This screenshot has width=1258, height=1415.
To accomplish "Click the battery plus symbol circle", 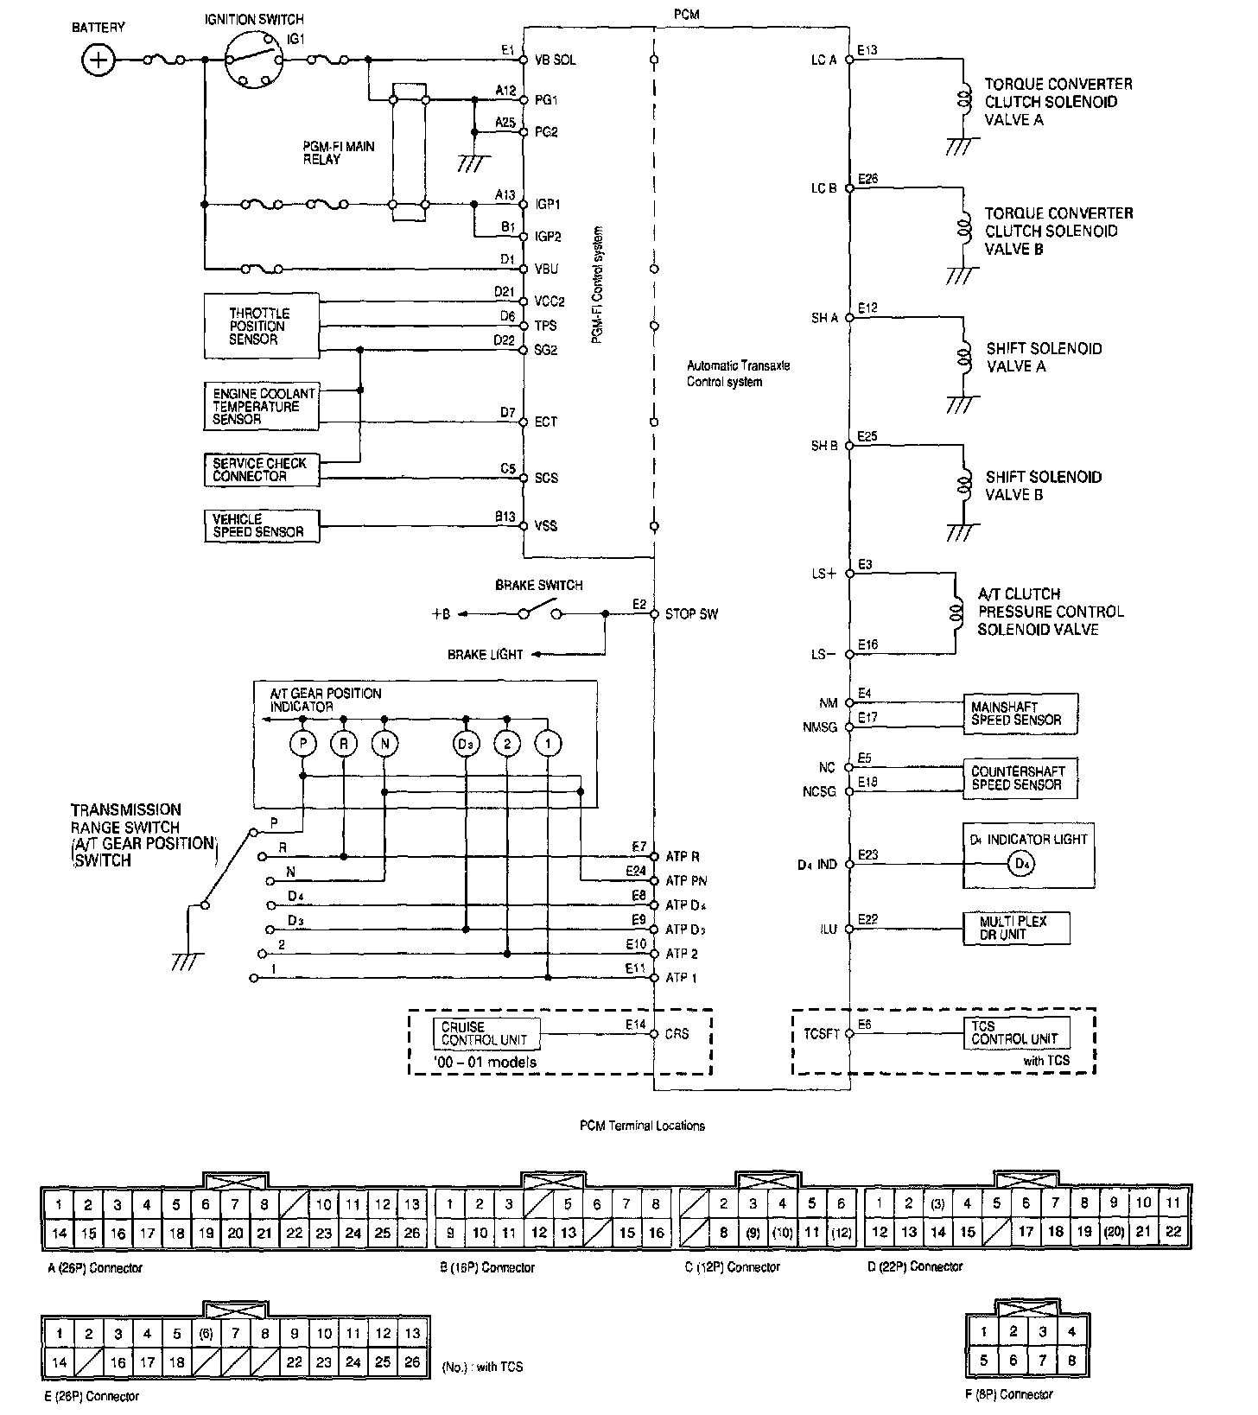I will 98,60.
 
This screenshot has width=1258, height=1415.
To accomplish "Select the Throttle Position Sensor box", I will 261,327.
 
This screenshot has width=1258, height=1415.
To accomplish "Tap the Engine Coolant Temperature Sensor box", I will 261,406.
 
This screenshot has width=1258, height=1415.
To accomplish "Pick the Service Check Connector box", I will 261,470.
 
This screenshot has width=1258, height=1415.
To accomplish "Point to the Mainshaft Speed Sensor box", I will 1020,714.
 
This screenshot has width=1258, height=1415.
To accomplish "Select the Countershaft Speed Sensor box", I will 1020,777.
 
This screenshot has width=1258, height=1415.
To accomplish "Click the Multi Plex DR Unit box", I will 1016,928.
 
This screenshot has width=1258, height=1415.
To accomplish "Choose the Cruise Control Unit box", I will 484,1033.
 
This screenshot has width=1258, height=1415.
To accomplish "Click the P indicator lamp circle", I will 302,743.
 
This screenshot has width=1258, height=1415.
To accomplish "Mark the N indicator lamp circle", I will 384,743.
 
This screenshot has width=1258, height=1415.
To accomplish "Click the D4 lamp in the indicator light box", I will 1023,864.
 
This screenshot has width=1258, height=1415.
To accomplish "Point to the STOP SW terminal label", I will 691,614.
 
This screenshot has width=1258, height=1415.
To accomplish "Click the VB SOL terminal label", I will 556,60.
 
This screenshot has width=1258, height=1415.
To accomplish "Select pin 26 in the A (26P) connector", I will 411,1233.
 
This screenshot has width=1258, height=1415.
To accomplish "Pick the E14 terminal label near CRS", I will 636,1025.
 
